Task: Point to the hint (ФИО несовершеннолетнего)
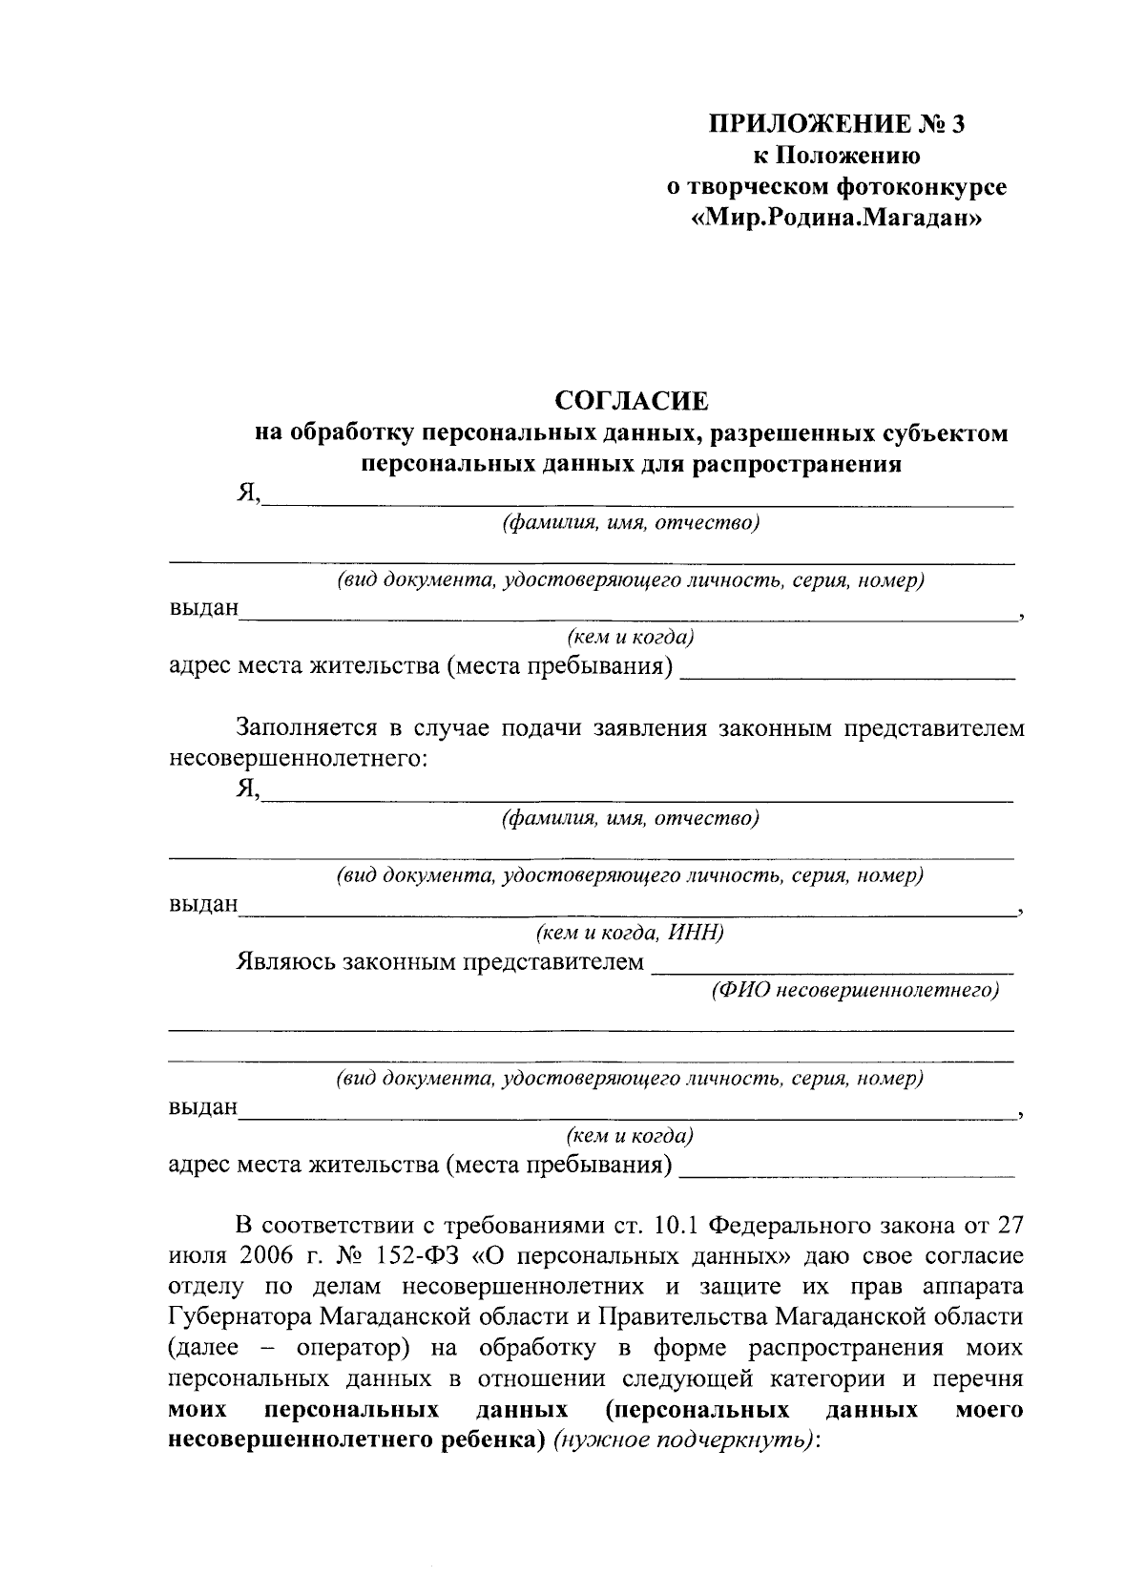point(855,991)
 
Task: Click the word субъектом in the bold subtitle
point(952,434)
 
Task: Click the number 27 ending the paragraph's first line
point(1009,1224)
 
